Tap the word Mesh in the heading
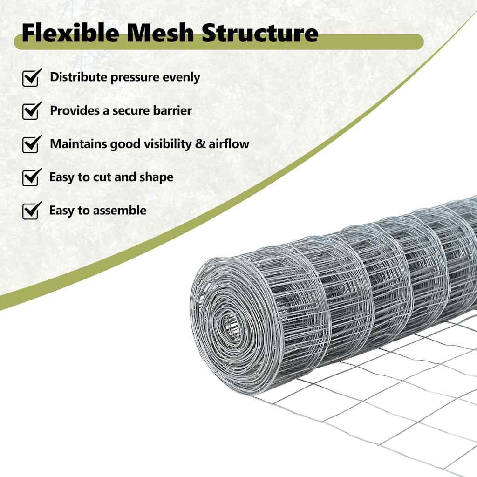(160, 33)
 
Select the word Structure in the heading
(260, 33)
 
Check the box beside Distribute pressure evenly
(32, 78)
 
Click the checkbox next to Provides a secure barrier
(32, 111)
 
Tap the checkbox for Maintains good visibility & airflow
(32, 144)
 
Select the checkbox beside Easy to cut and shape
(32, 177)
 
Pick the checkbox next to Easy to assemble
(32, 211)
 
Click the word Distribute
(79, 77)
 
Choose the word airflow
(229, 143)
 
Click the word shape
(157, 177)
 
